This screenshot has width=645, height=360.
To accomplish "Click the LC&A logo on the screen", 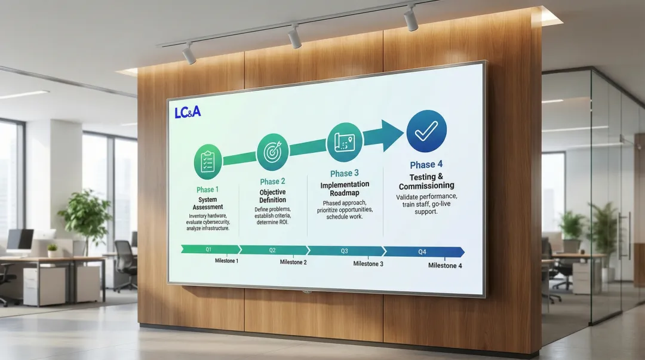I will click(188, 112).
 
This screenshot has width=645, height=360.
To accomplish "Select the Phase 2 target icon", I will click(272, 152).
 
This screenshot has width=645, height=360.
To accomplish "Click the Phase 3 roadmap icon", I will click(345, 142).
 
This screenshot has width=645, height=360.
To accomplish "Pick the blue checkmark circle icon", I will click(426, 131).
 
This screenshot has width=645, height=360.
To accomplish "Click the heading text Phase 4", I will click(426, 165).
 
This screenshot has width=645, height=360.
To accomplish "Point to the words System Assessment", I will click(208, 204).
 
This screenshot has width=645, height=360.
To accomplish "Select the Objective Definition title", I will click(272, 196).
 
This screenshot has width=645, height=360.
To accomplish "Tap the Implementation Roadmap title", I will click(345, 189).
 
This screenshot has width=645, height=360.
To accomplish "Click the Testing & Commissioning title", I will click(426, 181).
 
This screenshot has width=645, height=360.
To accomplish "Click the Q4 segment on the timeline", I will click(423, 252).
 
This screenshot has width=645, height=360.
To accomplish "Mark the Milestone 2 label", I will click(293, 262).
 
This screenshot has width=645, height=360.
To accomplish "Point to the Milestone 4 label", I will click(445, 266).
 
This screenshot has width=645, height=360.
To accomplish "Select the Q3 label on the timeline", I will click(345, 251).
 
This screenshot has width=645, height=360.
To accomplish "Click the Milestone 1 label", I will click(226, 261).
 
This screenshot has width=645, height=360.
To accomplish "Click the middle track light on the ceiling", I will click(294, 37).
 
